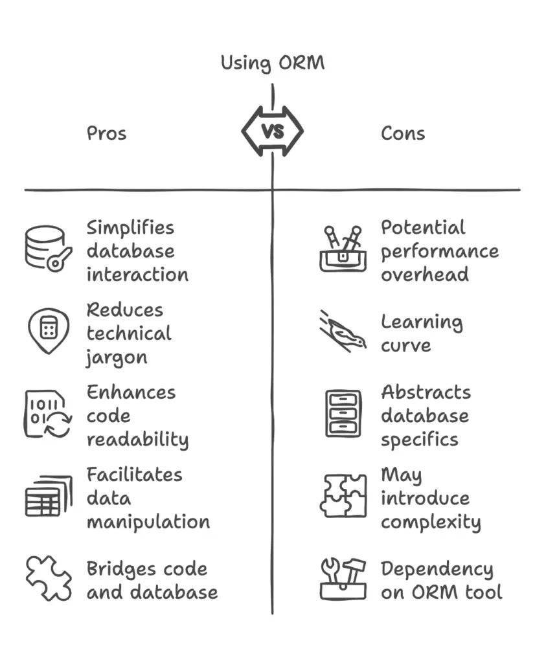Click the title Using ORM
tap(272, 63)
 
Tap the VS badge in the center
tap(273, 131)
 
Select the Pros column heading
tap(106, 133)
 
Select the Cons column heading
tap(402, 133)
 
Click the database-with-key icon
tap(48, 247)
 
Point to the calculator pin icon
tap(48, 330)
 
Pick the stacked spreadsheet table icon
tap(48, 496)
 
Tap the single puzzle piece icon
tap(48, 578)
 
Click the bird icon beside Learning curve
tap(343, 331)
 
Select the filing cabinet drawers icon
tap(343, 413)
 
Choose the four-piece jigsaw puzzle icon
tap(343, 496)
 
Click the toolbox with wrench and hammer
tap(343, 578)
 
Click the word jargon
tap(117, 358)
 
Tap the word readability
tap(137, 440)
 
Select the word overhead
tap(424, 275)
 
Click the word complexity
tap(430, 523)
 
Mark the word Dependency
tap(437, 570)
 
